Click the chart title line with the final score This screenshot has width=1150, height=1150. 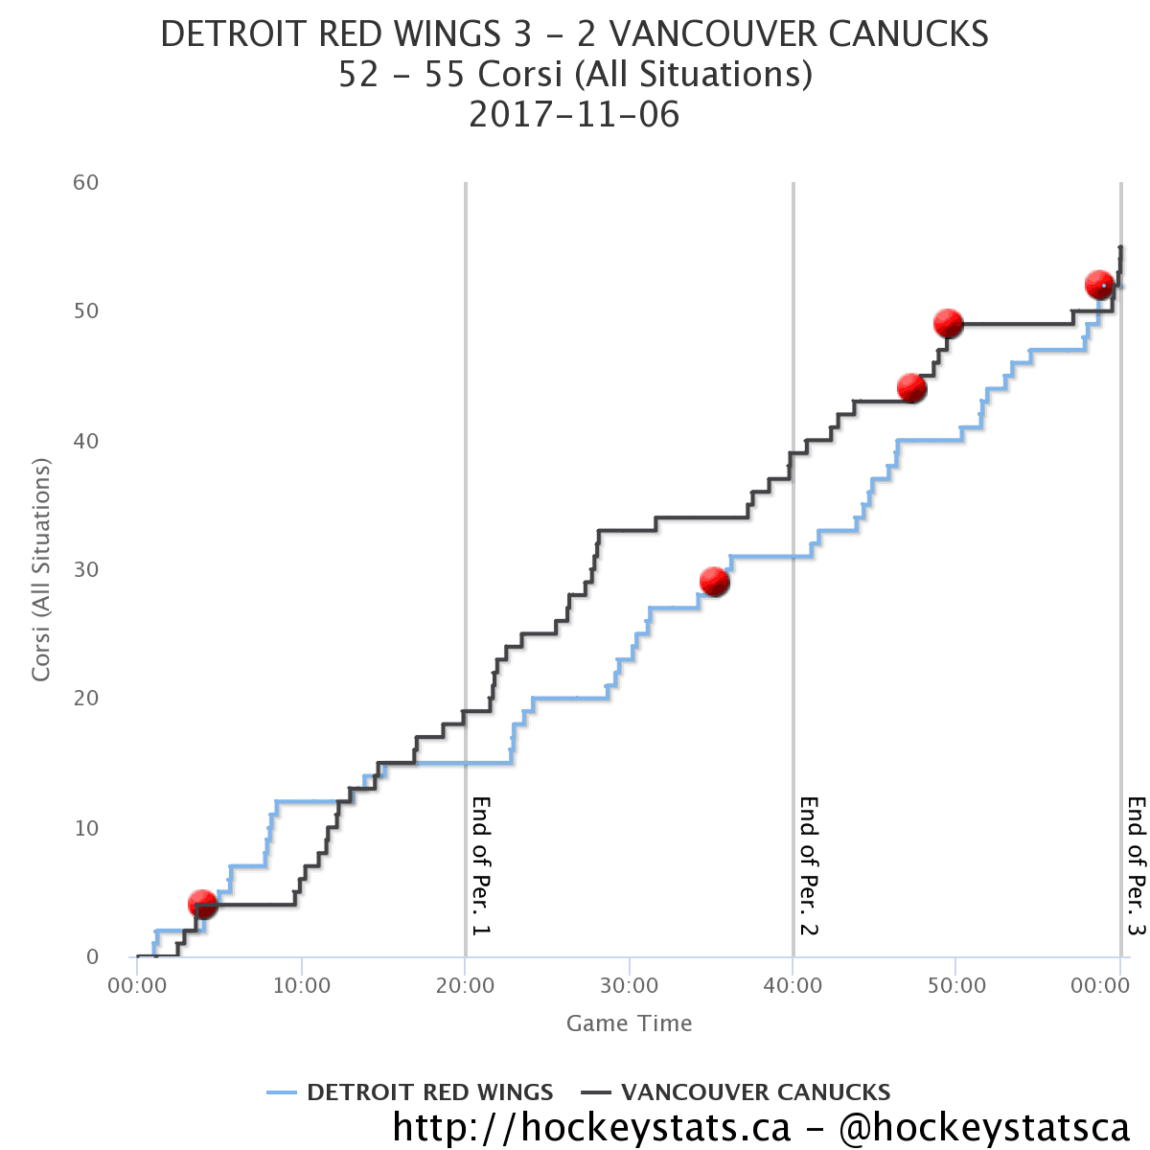(574, 34)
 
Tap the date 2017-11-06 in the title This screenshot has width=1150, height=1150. (574, 115)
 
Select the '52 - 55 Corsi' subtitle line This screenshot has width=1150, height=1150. (574, 75)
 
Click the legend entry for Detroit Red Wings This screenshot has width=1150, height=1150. (411, 1092)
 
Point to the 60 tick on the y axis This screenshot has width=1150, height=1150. (86, 182)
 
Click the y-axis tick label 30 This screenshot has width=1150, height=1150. (86, 569)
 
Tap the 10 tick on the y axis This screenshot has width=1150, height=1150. (86, 828)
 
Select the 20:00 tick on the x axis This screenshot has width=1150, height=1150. (465, 985)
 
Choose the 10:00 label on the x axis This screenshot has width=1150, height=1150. (302, 985)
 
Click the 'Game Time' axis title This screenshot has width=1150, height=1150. (629, 1023)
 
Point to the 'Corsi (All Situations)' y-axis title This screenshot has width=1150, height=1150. (40, 569)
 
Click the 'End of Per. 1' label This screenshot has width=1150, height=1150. (481, 865)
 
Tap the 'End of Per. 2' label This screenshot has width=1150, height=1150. (809, 865)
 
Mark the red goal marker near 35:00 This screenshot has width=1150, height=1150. (714, 582)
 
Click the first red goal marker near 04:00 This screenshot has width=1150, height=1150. (202, 904)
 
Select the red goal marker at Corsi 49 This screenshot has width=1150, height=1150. (948, 324)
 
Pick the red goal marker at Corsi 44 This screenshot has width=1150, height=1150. (911, 388)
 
